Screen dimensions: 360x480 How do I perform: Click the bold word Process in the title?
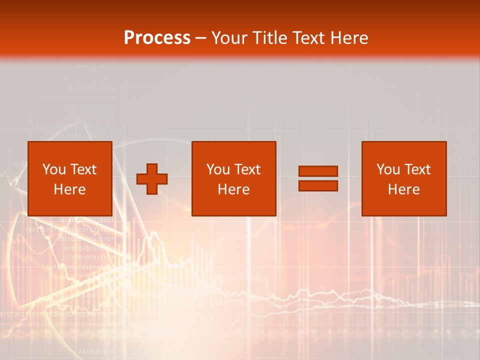[157, 38]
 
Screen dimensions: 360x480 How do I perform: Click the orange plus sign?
[152, 179]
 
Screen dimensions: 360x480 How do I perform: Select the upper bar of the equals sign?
[318, 171]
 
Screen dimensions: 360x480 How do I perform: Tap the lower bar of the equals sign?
[318, 186]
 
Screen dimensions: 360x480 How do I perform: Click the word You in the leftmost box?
[53, 169]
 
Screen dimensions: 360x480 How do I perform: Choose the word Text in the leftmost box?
[83, 169]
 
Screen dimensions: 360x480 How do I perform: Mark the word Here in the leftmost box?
[69, 189]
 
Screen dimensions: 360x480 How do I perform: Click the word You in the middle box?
[218, 169]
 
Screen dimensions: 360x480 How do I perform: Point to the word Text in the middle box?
[247, 169]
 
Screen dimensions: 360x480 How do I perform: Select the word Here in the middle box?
[233, 189]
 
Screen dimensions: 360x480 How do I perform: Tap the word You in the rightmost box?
[388, 169]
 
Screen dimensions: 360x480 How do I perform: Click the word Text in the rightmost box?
[417, 169]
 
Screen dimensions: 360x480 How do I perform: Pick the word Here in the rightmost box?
[403, 189]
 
